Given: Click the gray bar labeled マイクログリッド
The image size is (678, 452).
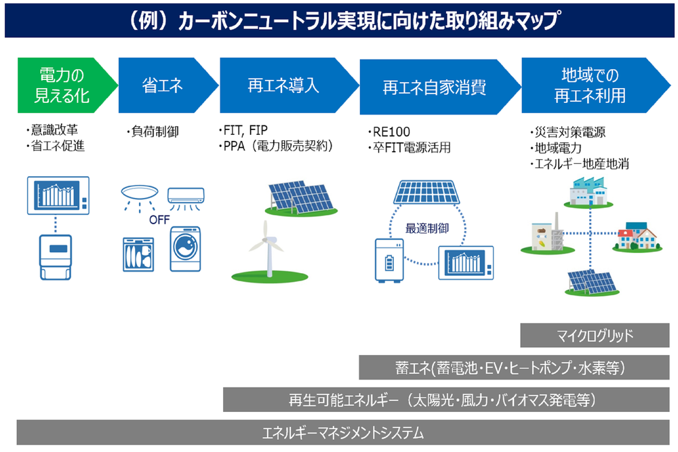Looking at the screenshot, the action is tap(595, 335).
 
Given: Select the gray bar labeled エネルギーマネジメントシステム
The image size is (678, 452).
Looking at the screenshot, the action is tap(343, 432).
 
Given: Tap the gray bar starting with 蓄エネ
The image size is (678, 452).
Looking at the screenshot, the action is tap(514, 368).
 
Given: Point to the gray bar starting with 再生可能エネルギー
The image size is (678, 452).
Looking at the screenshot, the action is tap(446, 400).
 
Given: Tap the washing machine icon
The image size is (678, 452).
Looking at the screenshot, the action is tap(185, 249).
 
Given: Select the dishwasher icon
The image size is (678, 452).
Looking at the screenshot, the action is tap(138, 255).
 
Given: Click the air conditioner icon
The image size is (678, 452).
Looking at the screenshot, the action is tap(186, 198).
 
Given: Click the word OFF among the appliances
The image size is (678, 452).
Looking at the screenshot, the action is tap(159, 220).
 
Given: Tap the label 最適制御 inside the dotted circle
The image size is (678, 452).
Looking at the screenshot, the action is tap(426, 228).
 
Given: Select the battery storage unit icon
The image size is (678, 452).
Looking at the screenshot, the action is tap(389, 261).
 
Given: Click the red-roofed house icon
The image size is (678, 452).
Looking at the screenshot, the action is tap(637, 237).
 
